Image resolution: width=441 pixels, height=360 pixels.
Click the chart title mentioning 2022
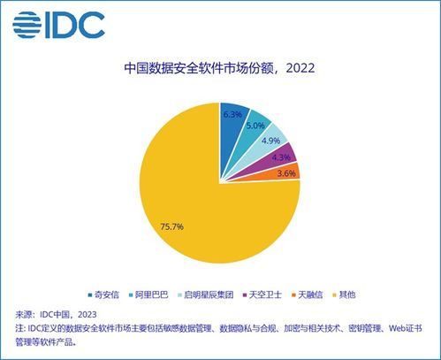[220, 67]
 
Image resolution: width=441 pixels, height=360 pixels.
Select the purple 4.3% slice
[285, 157]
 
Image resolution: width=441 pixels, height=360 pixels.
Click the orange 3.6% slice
[288, 172]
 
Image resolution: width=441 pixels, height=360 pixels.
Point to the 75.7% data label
[171, 227]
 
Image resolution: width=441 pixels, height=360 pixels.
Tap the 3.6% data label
[285, 173]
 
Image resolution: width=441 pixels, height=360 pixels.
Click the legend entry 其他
[352, 294]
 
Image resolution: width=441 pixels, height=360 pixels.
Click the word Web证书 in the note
[407, 327]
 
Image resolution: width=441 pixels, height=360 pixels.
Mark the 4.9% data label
[271, 142]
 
